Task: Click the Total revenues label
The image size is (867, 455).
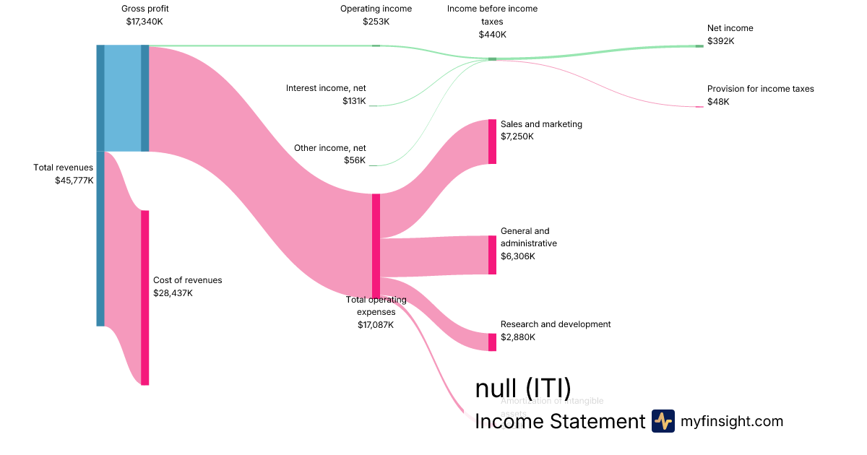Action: (63, 168)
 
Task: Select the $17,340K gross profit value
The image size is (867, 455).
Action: (144, 22)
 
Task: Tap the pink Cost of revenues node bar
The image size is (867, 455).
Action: (144, 298)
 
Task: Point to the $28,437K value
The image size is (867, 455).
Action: (173, 293)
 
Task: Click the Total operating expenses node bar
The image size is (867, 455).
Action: (376, 246)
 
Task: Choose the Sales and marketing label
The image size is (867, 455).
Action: (541, 124)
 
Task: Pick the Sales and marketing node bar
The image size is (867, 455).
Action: (492, 142)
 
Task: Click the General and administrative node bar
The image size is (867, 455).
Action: (492, 255)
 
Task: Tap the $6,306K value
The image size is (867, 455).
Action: (517, 256)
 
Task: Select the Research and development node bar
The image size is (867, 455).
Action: (492, 342)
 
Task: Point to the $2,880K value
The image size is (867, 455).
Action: (517, 337)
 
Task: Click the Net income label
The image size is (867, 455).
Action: (730, 28)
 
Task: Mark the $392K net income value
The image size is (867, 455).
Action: (720, 41)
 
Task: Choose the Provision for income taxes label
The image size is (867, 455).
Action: (760, 89)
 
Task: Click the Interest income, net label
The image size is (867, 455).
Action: (326, 88)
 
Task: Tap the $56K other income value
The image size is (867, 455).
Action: (355, 160)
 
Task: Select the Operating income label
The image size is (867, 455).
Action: (376, 9)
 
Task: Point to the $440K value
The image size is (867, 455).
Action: (492, 35)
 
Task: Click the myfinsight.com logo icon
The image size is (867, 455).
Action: (663, 421)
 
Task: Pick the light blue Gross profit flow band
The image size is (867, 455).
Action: (123, 98)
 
